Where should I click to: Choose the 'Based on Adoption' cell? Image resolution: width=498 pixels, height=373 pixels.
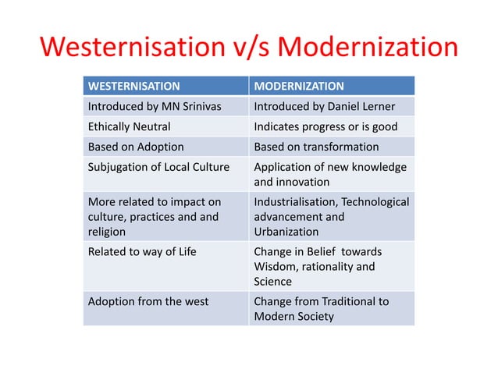(136, 147)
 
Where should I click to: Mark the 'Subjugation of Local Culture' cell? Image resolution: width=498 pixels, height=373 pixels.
(158, 167)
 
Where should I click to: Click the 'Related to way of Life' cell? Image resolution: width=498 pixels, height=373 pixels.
(142, 251)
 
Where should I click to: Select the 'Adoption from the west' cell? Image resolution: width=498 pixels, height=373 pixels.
(148, 301)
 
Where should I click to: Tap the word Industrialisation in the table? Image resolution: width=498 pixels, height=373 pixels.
(293, 202)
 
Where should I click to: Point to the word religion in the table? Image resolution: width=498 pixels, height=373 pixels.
(108, 232)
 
